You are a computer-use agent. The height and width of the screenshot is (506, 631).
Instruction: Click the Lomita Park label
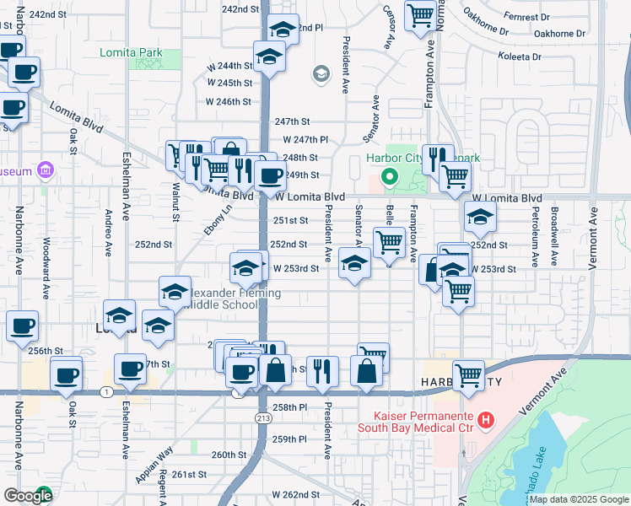(x=139, y=52)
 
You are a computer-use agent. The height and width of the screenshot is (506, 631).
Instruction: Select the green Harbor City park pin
(x=389, y=177)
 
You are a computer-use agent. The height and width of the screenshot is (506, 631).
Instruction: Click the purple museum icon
(x=46, y=171)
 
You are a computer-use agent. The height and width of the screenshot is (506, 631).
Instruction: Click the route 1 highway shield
(x=105, y=392)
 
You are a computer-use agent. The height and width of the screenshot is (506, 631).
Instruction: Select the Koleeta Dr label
(x=520, y=57)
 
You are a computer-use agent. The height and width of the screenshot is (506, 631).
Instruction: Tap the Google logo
(x=28, y=496)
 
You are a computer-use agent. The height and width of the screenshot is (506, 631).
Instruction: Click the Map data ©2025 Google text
(x=578, y=499)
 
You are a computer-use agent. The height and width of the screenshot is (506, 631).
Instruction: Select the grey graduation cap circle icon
(x=321, y=75)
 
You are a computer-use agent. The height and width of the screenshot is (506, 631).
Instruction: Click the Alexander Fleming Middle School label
(x=228, y=299)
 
